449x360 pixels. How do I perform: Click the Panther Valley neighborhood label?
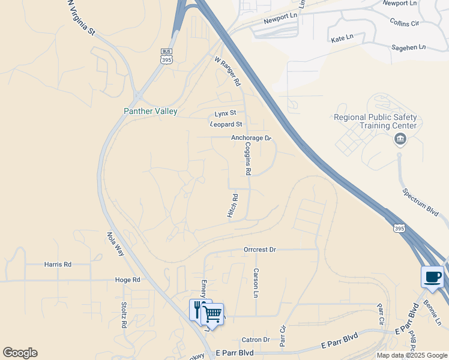[150, 111]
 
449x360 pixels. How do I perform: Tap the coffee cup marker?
[433, 278]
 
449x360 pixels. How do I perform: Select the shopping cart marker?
[212, 313]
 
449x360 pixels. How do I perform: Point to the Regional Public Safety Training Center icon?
[400, 140]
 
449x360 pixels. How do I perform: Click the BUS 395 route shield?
[167, 56]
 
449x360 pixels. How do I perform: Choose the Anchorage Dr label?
[252, 138]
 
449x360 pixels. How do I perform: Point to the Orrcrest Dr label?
[259, 249]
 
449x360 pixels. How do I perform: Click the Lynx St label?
[226, 113]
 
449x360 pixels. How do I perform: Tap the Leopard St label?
[226, 124]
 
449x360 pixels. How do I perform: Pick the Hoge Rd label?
[127, 280]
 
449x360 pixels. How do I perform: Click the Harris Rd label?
[58, 264]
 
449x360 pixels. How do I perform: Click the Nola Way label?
[115, 244]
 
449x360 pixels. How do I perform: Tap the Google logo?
[20, 353]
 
